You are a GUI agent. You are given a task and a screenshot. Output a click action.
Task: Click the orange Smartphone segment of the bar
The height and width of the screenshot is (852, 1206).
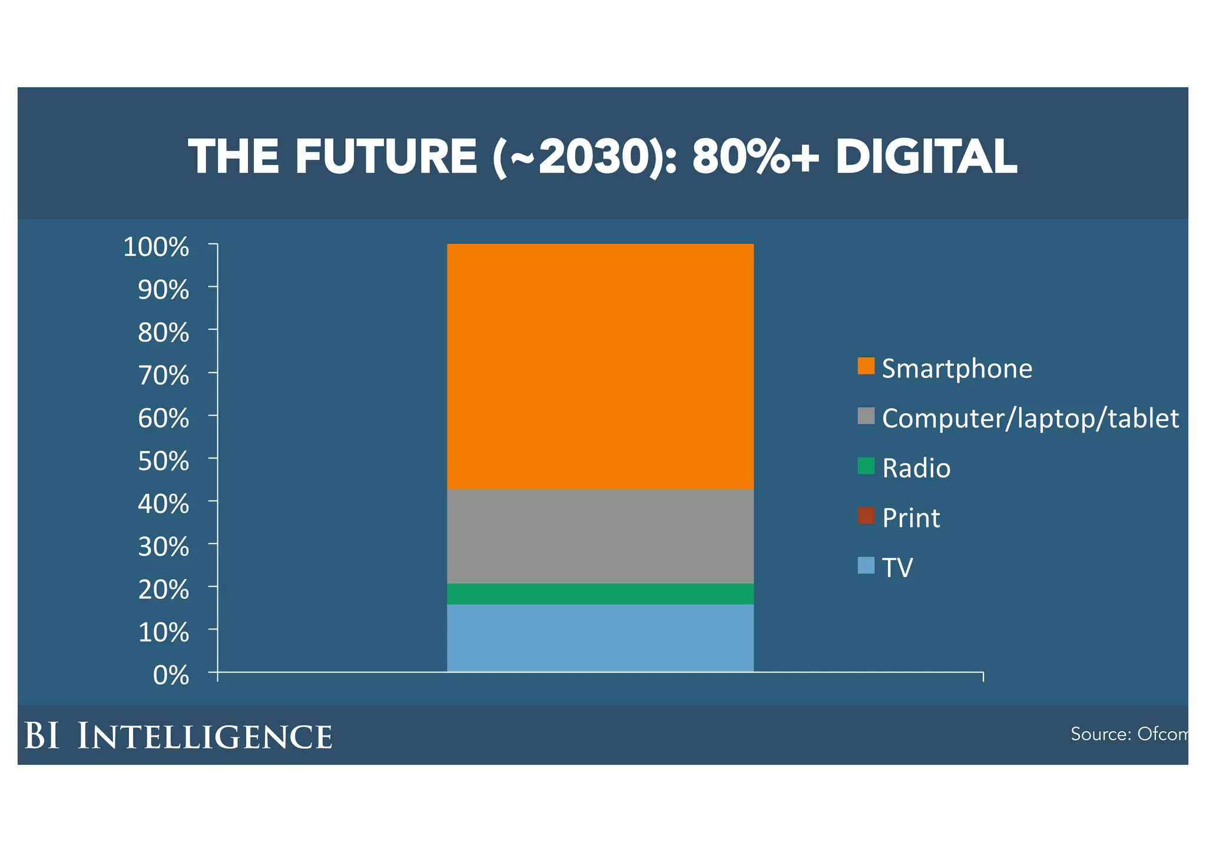pyautogui.click(x=600, y=366)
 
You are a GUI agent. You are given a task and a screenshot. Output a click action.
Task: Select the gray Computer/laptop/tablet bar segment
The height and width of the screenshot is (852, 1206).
pyautogui.click(x=600, y=536)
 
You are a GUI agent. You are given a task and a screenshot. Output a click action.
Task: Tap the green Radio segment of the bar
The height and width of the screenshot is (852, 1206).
pyautogui.click(x=600, y=594)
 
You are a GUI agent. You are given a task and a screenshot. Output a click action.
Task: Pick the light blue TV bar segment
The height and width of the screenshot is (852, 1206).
pyautogui.click(x=600, y=638)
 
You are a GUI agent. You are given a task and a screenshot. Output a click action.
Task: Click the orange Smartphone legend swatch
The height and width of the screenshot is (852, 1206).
pyautogui.click(x=866, y=366)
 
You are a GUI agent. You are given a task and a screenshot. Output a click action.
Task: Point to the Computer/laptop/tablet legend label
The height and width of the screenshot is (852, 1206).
pyautogui.click(x=1030, y=419)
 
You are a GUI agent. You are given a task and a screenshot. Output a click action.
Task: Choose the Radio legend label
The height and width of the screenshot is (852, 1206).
pyautogui.click(x=916, y=469)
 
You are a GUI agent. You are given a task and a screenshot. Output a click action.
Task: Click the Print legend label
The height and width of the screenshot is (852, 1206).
pyautogui.click(x=911, y=518)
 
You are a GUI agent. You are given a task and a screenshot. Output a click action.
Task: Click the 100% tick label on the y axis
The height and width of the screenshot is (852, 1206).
pyautogui.click(x=156, y=247)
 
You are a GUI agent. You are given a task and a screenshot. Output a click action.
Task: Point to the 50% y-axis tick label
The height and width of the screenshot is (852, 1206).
pyautogui.click(x=163, y=461)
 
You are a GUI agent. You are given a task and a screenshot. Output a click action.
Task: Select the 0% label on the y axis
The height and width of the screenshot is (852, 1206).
pyautogui.click(x=171, y=675)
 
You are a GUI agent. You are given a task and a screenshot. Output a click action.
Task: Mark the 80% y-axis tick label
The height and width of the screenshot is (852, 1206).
pyautogui.click(x=163, y=333)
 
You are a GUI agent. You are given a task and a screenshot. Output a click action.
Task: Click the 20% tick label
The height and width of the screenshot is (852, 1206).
pyautogui.click(x=163, y=589)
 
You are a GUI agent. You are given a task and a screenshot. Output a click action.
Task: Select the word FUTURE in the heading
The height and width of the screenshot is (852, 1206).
pyautogui.click(x=386, y=157)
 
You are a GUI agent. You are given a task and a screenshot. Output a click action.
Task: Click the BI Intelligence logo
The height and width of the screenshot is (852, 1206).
pyautogui.click(x=178, y=736)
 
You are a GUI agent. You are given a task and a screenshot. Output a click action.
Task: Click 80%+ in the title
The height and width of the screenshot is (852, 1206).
pyautogui.click(x=756, y=157)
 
